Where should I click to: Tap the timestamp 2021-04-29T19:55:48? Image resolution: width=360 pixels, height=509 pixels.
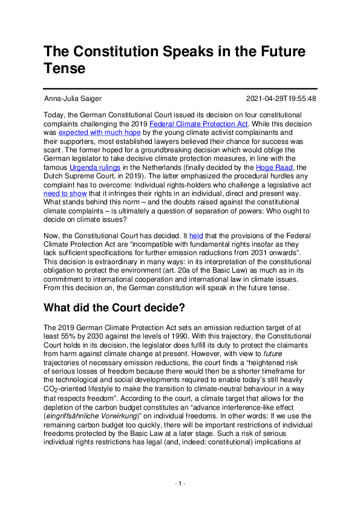point(281,99)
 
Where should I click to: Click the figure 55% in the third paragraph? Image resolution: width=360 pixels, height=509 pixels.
point(83,336)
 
